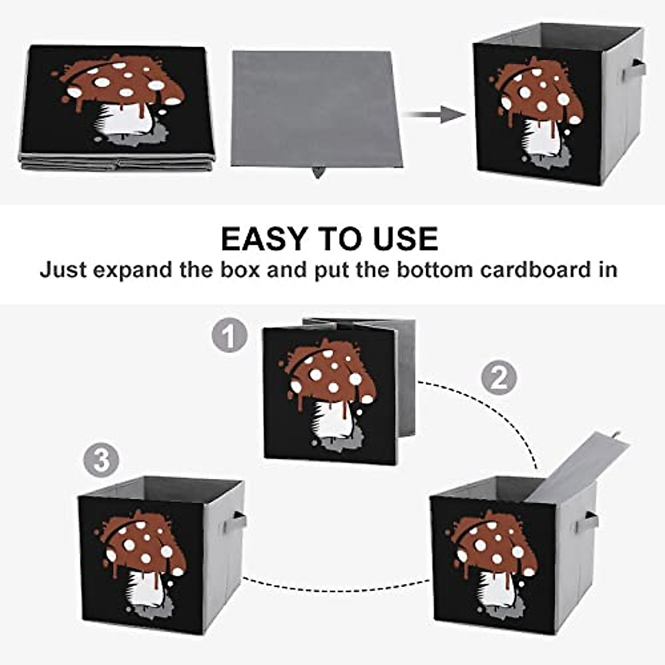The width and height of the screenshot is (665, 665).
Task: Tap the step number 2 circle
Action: tap(499, 378)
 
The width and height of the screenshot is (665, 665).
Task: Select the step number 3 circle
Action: tap(101, 461)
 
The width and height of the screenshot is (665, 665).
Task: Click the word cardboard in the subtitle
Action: tap(536, 270)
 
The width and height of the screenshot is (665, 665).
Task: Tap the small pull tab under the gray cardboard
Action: tap(318, 172)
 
